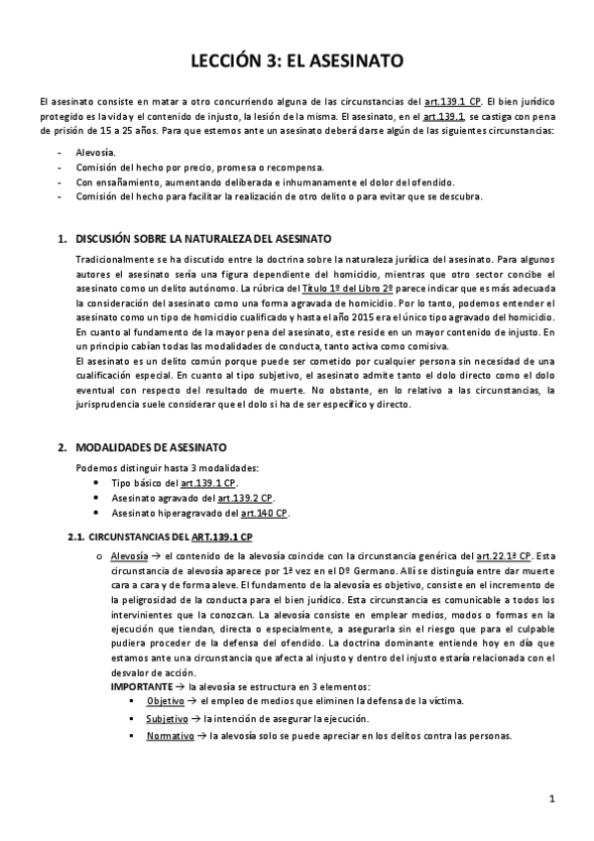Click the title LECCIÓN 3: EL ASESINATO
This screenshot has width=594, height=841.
tap(297, 61)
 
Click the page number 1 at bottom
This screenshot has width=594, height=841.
tap(551, 798)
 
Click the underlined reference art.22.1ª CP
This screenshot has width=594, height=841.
tap(502, 555)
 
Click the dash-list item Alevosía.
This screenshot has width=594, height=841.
tap(95, 153)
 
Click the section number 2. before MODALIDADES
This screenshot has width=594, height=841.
tap(62, 447)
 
